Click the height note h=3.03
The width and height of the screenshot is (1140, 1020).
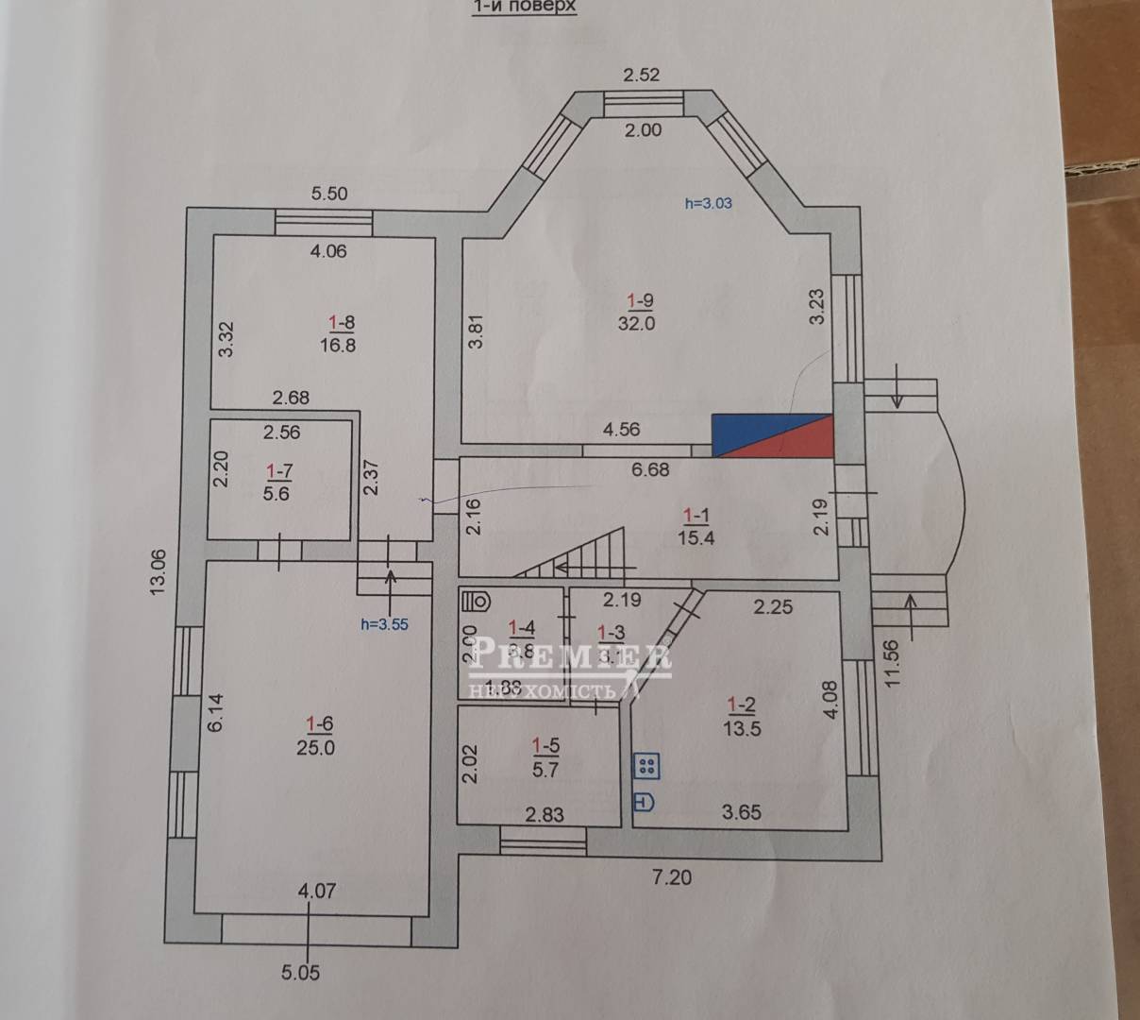coord(708,201)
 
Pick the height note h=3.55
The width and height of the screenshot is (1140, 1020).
coord(385,623)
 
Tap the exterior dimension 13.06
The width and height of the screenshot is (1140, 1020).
coord(158,570)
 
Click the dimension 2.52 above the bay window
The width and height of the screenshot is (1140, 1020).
coord(642,75)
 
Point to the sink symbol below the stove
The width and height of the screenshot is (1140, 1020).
coord(645,802)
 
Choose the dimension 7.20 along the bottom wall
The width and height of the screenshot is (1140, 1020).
coord(672,877)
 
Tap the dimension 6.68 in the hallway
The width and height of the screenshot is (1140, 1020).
coord(649,468)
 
